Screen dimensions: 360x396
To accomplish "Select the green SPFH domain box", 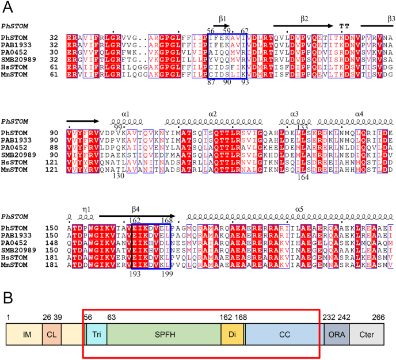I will point(163,333).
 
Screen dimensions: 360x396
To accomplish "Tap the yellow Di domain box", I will point(232,333).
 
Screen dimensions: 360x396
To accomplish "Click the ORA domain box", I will point(337,333).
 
